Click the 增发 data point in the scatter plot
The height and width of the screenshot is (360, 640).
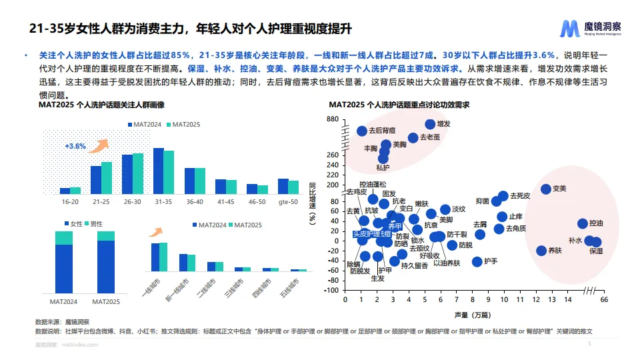430,124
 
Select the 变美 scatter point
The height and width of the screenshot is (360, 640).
545,189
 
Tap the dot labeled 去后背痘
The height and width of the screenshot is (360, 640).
362,131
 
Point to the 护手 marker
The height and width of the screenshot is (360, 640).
477,261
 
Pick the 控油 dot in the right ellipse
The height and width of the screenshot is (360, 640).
582,224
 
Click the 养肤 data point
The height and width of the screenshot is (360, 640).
541,251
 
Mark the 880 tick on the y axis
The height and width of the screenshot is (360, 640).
332,119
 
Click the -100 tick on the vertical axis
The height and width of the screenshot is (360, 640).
329,290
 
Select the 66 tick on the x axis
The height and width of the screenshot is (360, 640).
604,300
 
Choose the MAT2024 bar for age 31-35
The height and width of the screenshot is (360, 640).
159,171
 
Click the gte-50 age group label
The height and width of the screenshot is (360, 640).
288,201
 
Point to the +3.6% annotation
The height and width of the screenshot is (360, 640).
75,146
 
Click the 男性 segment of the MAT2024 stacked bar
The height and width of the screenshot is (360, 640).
64,238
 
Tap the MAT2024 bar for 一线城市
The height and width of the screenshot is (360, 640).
155,257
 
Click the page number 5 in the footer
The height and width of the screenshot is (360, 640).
589,344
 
